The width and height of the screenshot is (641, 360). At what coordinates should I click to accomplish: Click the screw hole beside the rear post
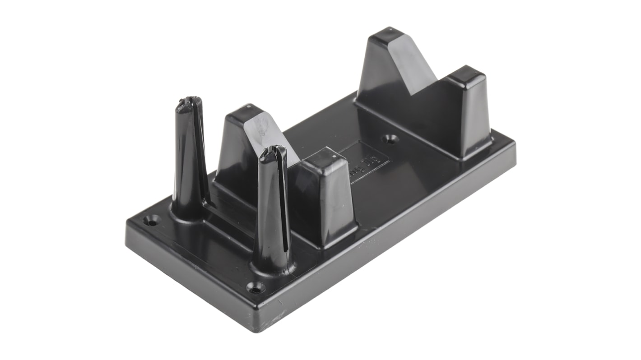pos(152,221)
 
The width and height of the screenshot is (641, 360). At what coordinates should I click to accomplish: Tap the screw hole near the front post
pos(255,286)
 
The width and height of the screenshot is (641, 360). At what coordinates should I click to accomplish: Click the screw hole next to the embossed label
pos(390,139)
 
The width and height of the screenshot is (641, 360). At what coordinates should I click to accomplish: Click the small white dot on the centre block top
pos(334,157)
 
